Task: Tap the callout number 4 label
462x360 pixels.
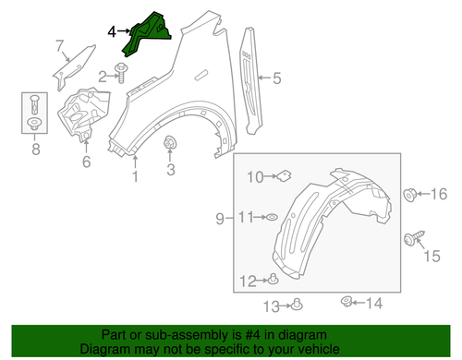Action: pos(112,31)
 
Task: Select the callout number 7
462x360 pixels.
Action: pos(61,44)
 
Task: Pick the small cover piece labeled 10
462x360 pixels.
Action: pos(271,217)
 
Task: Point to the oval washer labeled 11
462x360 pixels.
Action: pos(274,280)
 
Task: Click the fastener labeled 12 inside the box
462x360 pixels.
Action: pos(297,305)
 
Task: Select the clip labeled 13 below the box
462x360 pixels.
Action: pos(347,301)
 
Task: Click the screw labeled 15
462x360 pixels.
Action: pos(409,194)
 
